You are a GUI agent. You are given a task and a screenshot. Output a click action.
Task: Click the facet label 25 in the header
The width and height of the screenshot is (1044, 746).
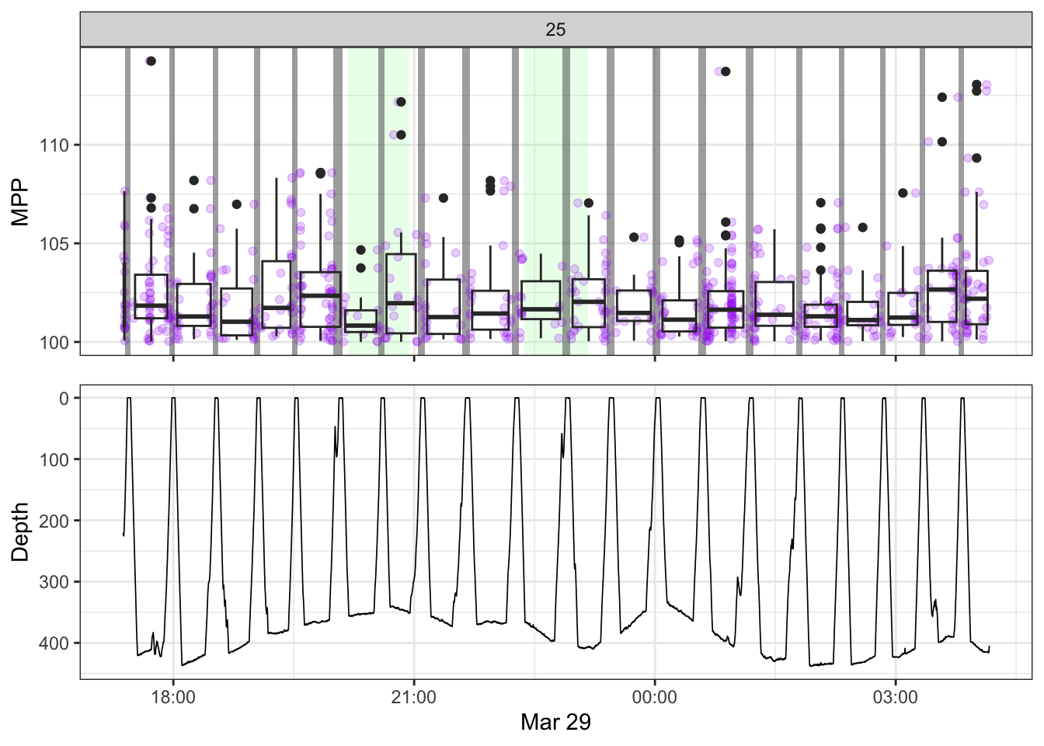click(555, 30)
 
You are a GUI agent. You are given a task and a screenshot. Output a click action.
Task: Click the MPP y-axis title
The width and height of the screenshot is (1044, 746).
click(20, 202)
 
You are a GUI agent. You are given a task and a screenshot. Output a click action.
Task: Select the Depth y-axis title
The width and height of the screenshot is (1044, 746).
click(20, 532)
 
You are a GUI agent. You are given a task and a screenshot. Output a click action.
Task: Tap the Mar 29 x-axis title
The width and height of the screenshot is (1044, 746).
click(555, 722)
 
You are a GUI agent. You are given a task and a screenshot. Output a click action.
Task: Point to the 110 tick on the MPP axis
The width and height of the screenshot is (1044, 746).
click(56, 145)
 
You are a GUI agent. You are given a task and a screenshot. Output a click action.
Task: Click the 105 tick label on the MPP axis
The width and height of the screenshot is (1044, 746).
click(56, 244)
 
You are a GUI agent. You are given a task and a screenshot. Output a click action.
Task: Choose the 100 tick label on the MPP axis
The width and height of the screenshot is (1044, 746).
click(56, 343)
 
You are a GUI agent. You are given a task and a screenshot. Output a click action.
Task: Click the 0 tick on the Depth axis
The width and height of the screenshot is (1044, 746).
click(64, 399)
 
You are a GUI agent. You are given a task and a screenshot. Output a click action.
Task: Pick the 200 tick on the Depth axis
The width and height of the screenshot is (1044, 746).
click(54, 521)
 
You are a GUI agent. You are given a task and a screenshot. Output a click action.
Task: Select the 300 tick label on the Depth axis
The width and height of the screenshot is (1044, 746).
click(54, 582)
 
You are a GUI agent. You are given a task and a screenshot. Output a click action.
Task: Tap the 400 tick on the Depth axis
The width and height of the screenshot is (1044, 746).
click(54, 643)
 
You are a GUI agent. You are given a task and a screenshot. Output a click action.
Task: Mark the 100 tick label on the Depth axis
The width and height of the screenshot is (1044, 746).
click(54, 460)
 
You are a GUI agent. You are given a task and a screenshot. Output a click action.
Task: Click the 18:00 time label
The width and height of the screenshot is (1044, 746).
click(173, 697)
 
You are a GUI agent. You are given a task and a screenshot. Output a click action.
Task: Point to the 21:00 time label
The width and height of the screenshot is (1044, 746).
click(414, 697)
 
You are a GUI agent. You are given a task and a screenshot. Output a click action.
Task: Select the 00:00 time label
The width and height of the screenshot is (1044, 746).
click(655, 697)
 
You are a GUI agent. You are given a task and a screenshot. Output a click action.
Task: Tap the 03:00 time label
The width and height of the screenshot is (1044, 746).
click(896, 697)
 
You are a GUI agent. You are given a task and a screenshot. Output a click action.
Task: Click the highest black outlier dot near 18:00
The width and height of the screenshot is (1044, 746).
click(151, 61)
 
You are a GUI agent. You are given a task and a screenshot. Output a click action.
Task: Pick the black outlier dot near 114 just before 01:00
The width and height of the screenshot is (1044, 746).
click(726, 71)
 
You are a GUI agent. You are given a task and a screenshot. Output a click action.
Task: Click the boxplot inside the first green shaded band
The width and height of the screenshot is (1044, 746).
click(361, 321)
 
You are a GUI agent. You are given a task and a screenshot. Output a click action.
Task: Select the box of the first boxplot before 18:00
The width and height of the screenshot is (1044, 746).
click(151, 296)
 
